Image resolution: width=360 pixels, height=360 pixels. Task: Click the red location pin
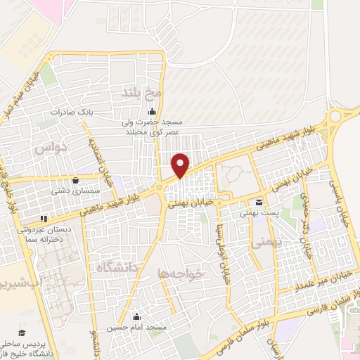[181, 165]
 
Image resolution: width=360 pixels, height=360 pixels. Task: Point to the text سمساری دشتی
[68, 191]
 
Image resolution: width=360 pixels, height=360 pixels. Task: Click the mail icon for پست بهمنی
[259, 202]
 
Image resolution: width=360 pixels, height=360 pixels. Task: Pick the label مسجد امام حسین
[136, 328]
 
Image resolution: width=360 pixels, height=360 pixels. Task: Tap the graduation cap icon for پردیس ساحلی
[22, 331]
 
